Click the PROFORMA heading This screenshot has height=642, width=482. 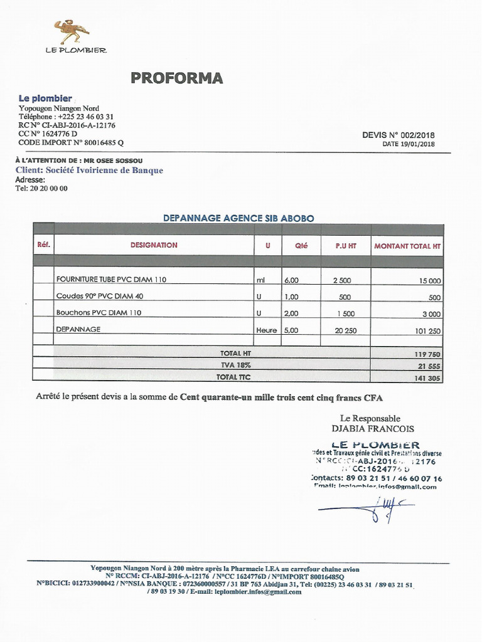point(176,78)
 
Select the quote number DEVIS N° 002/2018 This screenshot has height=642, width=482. point(398,135)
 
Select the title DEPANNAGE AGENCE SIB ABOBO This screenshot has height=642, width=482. point(238,218)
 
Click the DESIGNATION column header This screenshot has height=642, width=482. point(154,245)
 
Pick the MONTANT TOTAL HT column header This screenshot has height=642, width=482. point(407,246)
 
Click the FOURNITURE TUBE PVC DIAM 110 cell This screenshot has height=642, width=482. point(111,280)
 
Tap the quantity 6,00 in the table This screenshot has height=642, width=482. point(291,280)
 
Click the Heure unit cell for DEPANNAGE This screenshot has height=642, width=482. point(266,330)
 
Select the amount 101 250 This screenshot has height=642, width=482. point(426,330)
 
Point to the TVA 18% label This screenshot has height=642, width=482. point(235,364)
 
